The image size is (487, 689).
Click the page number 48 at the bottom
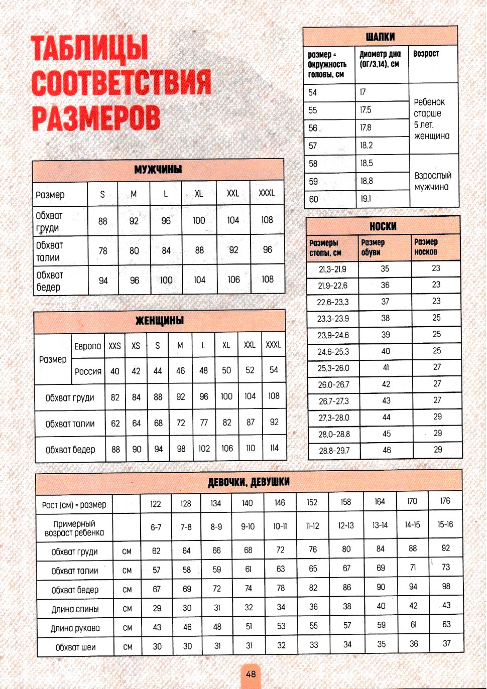coord(251,674)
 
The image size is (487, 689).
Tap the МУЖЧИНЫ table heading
coord(158,170)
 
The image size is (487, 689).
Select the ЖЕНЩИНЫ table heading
coord(160,321)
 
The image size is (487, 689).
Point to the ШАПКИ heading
coord(380,37)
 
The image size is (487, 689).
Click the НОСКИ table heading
coord(383,226)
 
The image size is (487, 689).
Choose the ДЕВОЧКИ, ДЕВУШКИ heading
coord(249,482)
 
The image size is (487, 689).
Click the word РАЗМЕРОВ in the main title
coord(96,118)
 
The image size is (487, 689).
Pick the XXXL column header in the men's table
coord(267,193)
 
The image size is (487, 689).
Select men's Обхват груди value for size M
coord(134,221)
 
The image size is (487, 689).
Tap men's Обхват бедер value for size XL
coord(199,280)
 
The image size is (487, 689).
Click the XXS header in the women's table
coord(114,346)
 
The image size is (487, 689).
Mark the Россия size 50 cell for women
coord(226,370)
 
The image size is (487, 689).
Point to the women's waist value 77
coord(204,423)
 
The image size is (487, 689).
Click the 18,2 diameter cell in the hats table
coord(367,146)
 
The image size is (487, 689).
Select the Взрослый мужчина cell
coord(433,181)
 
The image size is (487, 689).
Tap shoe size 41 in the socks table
coord(386,368)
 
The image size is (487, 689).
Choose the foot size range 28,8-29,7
coord(334,451)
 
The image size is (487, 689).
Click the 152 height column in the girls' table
coord(312,502)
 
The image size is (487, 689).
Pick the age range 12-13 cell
coord(345,525)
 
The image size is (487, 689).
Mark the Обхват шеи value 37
coord(446,643)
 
